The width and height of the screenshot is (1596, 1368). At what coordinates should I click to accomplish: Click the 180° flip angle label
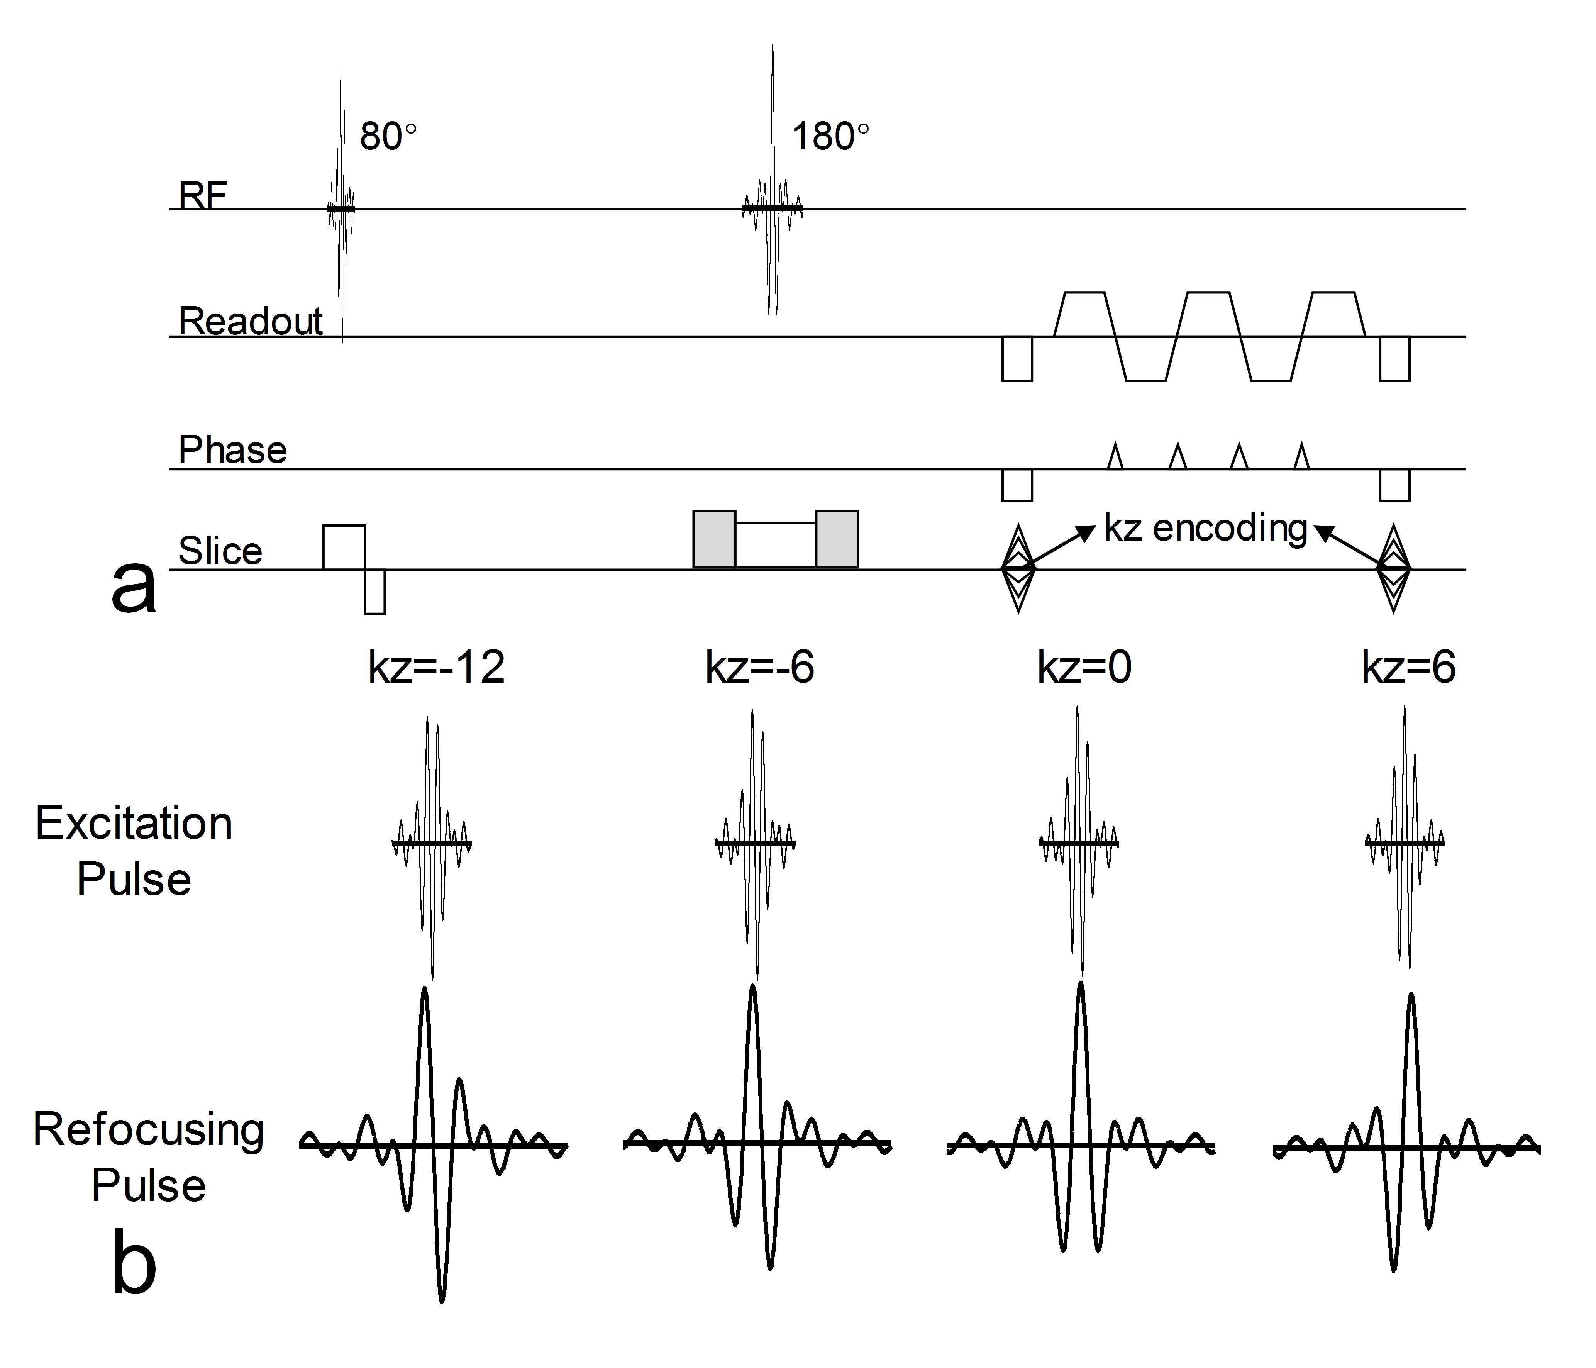830,137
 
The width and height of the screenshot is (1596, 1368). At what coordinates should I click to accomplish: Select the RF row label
203,196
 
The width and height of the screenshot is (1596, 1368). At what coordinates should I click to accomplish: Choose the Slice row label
220,551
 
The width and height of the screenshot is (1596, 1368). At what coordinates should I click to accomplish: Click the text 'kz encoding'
1205,529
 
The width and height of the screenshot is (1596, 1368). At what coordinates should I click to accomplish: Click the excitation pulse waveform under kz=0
1078,842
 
